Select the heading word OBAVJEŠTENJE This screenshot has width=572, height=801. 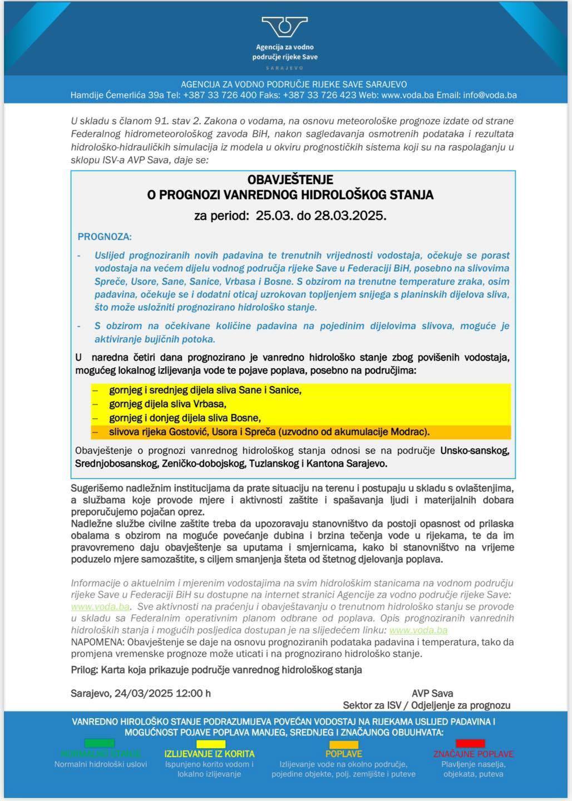(x=290, y=180)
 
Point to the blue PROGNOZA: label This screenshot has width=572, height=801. (x=105, y=236)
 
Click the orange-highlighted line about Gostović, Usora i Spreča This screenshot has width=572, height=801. (x=269, y=432)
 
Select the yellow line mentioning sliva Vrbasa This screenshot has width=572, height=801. (x=167, y=404)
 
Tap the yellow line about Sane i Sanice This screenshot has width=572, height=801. (x=205, y=390)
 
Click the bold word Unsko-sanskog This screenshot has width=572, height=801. (x=475, y=450)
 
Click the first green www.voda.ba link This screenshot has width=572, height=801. (x=100, y=606)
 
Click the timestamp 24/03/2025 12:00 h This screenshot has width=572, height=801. (x=162, y=693)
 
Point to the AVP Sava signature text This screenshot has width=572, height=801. (x=432, y=693)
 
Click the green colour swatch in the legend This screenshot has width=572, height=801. (x=99, y=743)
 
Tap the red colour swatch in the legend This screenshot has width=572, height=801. (x=470, y=743)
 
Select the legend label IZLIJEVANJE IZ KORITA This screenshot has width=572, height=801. (x=209, y=754)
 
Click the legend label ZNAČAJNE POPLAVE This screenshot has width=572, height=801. (x=473, y=754)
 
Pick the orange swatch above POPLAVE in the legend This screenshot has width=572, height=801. (x=343, y=744)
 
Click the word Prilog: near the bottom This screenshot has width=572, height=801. (x=84, y=670)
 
